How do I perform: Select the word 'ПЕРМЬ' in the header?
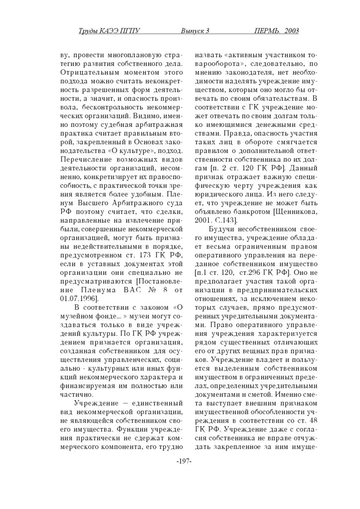[267, 31]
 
